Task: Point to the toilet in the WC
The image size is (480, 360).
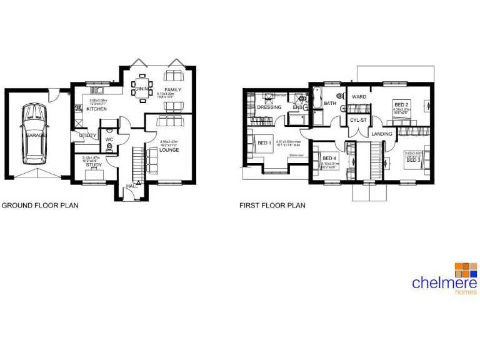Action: click(110, 148)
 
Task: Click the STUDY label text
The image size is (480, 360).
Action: click(94, 166)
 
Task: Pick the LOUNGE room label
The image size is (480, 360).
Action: click(169, 150)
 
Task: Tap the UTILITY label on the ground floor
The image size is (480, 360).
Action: click(87, 136)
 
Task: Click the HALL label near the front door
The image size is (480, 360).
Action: click(132, 186)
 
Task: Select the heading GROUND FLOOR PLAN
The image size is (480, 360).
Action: click(40, 205)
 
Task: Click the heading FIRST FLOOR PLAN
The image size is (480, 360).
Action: click(272, 205)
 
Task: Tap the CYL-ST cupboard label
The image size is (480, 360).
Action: click(358, 119)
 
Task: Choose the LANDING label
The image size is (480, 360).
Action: click(381, 134)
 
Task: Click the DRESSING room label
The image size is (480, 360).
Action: click(269, 107)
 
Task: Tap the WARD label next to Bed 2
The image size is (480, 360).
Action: click(359, 97)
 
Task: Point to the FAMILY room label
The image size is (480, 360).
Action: click(172, 90)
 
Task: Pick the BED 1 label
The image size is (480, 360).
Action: click(264, 143)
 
